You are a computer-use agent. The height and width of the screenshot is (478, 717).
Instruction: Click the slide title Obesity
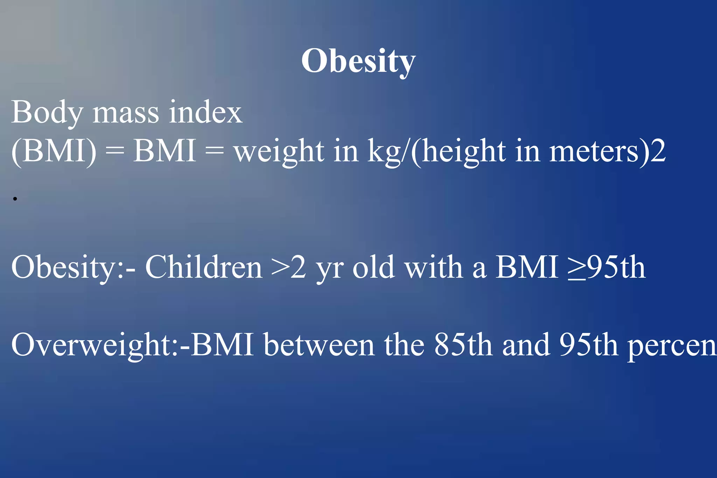click(x=358, y=61)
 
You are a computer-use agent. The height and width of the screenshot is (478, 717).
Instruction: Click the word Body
click(x=47, y=113)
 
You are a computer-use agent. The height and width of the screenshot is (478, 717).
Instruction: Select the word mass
click(x=125, y=113)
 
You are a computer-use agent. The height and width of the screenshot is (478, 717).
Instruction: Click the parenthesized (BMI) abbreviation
click(x=54, y=151)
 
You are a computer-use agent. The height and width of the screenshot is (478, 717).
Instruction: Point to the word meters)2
click(x=607, y=151)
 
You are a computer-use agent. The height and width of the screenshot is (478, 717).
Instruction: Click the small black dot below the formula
click(x=15, y=199)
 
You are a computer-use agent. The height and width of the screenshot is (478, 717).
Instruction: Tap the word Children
click(x=204, y=267)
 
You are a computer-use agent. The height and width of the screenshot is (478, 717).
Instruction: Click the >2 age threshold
click(x=289, y=267)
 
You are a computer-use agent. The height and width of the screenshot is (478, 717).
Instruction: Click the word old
click(x=373, y=267)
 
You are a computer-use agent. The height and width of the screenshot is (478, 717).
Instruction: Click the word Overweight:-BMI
click(x=132, y=345)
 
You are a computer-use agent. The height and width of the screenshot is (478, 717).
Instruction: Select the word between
click(x=319, y=345)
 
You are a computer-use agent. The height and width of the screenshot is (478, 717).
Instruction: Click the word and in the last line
click(x=525, y=345)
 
